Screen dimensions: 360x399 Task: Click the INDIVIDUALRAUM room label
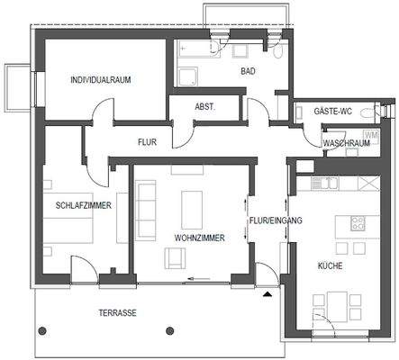[101, 80]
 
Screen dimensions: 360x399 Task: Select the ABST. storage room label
[204, 106]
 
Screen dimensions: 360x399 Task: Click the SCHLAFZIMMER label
[82, 205]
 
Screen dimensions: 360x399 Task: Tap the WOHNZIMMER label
[199, 238]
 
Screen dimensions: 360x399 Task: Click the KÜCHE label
[330, 265]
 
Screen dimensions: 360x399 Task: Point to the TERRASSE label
[117, 313]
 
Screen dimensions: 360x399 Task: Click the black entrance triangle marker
[267, 293]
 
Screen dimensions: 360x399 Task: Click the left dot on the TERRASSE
[39, 329]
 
